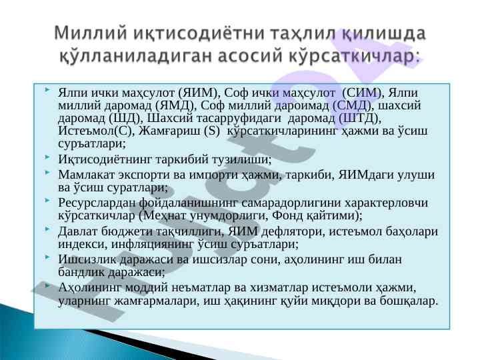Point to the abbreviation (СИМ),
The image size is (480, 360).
(363, 93)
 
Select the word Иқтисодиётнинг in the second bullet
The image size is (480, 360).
(105, 159)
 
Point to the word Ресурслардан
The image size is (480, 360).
(97, 203)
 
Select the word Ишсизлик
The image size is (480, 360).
(87, 259)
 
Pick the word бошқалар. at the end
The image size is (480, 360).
(409, 301)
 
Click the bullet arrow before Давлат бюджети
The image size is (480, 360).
(47, 229)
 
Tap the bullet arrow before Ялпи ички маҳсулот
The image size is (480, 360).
(47, 90)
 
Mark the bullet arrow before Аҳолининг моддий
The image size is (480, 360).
(47, 285)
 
